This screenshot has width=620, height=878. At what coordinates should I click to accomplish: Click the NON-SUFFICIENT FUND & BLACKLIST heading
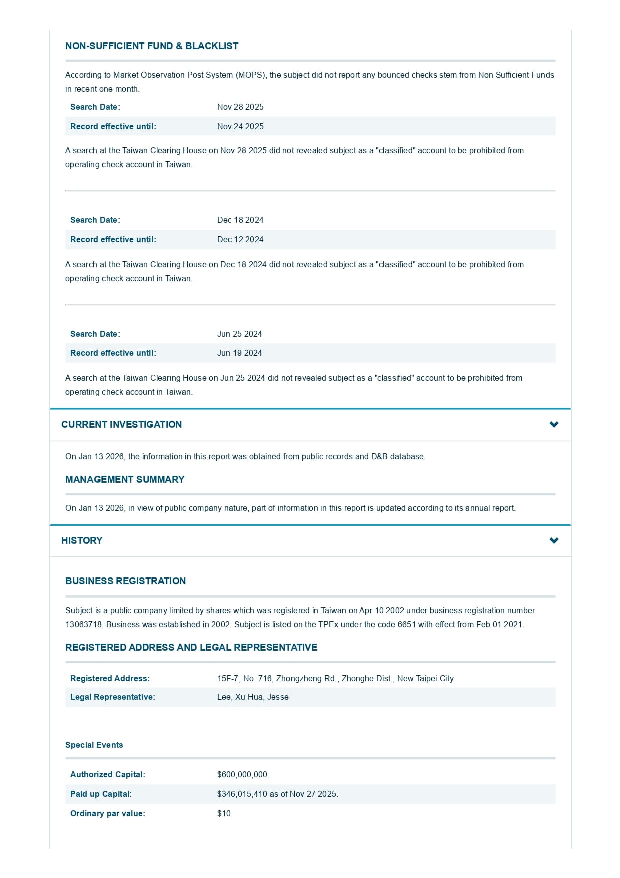pyautogui.click(x=152, y=46)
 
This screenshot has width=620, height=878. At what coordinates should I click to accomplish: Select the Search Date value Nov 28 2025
pyautogui.click(x=240, y=107)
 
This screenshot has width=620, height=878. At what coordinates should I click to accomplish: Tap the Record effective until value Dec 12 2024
pyautogui.click(x=240, y=240)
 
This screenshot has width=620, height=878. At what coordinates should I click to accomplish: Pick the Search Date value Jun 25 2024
pyautogui.click(x=239, y=334)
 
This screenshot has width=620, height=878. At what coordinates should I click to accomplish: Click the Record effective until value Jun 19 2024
pyautogui.click(x=239, y=353)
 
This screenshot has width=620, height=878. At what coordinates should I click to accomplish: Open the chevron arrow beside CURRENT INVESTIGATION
pyautogui.click(x=554, y=425)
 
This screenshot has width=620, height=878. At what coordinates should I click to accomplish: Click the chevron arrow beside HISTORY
pyautogui.click(x=554, y=541)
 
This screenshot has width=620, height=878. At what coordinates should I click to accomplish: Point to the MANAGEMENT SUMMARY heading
pyautogui.click(x=125, y=480)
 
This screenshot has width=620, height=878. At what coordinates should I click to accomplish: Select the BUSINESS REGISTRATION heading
pyautogui.click(x=125, y=581)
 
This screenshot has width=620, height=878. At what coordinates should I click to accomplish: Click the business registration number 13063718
pyautogui.click(x=84, y=625)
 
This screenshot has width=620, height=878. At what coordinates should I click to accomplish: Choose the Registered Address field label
pyautogui.click(x=110, y=679)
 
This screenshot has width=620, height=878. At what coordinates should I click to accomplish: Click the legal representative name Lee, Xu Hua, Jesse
pyautogui.click(x=253, y=697)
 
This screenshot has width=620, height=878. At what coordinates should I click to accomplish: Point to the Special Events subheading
pyautogui.click(x=94, y=745)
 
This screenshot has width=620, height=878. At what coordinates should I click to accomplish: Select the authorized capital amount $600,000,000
pyautogui.click(x=243, y=775)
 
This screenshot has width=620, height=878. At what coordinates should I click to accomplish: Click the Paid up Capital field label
pyautogui.click(x=101, y=794)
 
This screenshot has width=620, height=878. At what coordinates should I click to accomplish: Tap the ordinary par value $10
pyautogui.click(x=224, y=814)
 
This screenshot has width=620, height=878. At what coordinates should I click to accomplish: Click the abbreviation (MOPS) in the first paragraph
pyautogui.click(x=250, y=75)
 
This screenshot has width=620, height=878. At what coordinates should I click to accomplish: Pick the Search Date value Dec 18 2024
pyautogui.click(x=240, y=220)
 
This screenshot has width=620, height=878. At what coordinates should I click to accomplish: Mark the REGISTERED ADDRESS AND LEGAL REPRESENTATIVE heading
pyautogui.click(x=191, y=648)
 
